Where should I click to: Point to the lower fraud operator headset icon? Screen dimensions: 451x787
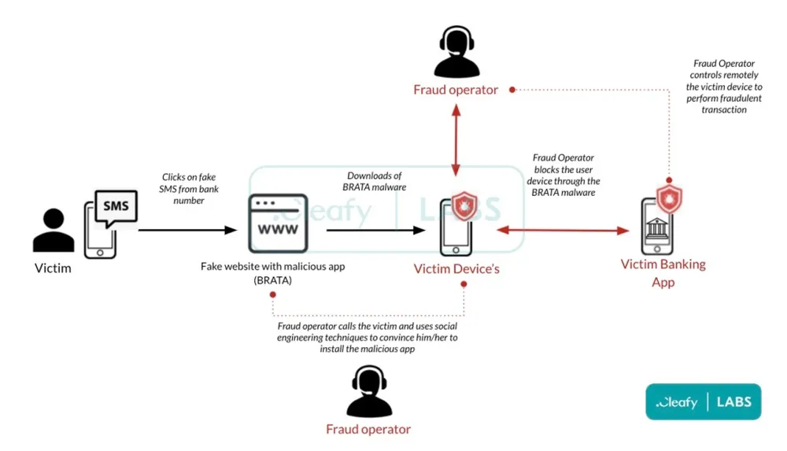[x=369, y=391]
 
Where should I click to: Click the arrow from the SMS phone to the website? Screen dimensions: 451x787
[x=187, y=231]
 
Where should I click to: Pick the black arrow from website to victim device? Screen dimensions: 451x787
[x=376, y=231]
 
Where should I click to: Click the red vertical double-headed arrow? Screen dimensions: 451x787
[x=456, y=142]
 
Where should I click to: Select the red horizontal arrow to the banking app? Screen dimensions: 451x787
[x=563, y=231]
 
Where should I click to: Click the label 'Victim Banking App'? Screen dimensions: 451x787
[x=663, y=272]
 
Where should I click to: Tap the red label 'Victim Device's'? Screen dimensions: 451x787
[x=456, y=269]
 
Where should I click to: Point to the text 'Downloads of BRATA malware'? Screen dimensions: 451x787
[x=375, y=181]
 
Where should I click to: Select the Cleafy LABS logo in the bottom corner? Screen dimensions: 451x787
[x=703, y=402]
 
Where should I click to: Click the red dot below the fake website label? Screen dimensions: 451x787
[x=272, y=295]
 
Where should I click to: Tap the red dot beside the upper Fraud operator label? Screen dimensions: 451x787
[x=512, y=90]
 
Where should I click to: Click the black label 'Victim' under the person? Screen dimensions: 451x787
[x=53, y=268]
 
